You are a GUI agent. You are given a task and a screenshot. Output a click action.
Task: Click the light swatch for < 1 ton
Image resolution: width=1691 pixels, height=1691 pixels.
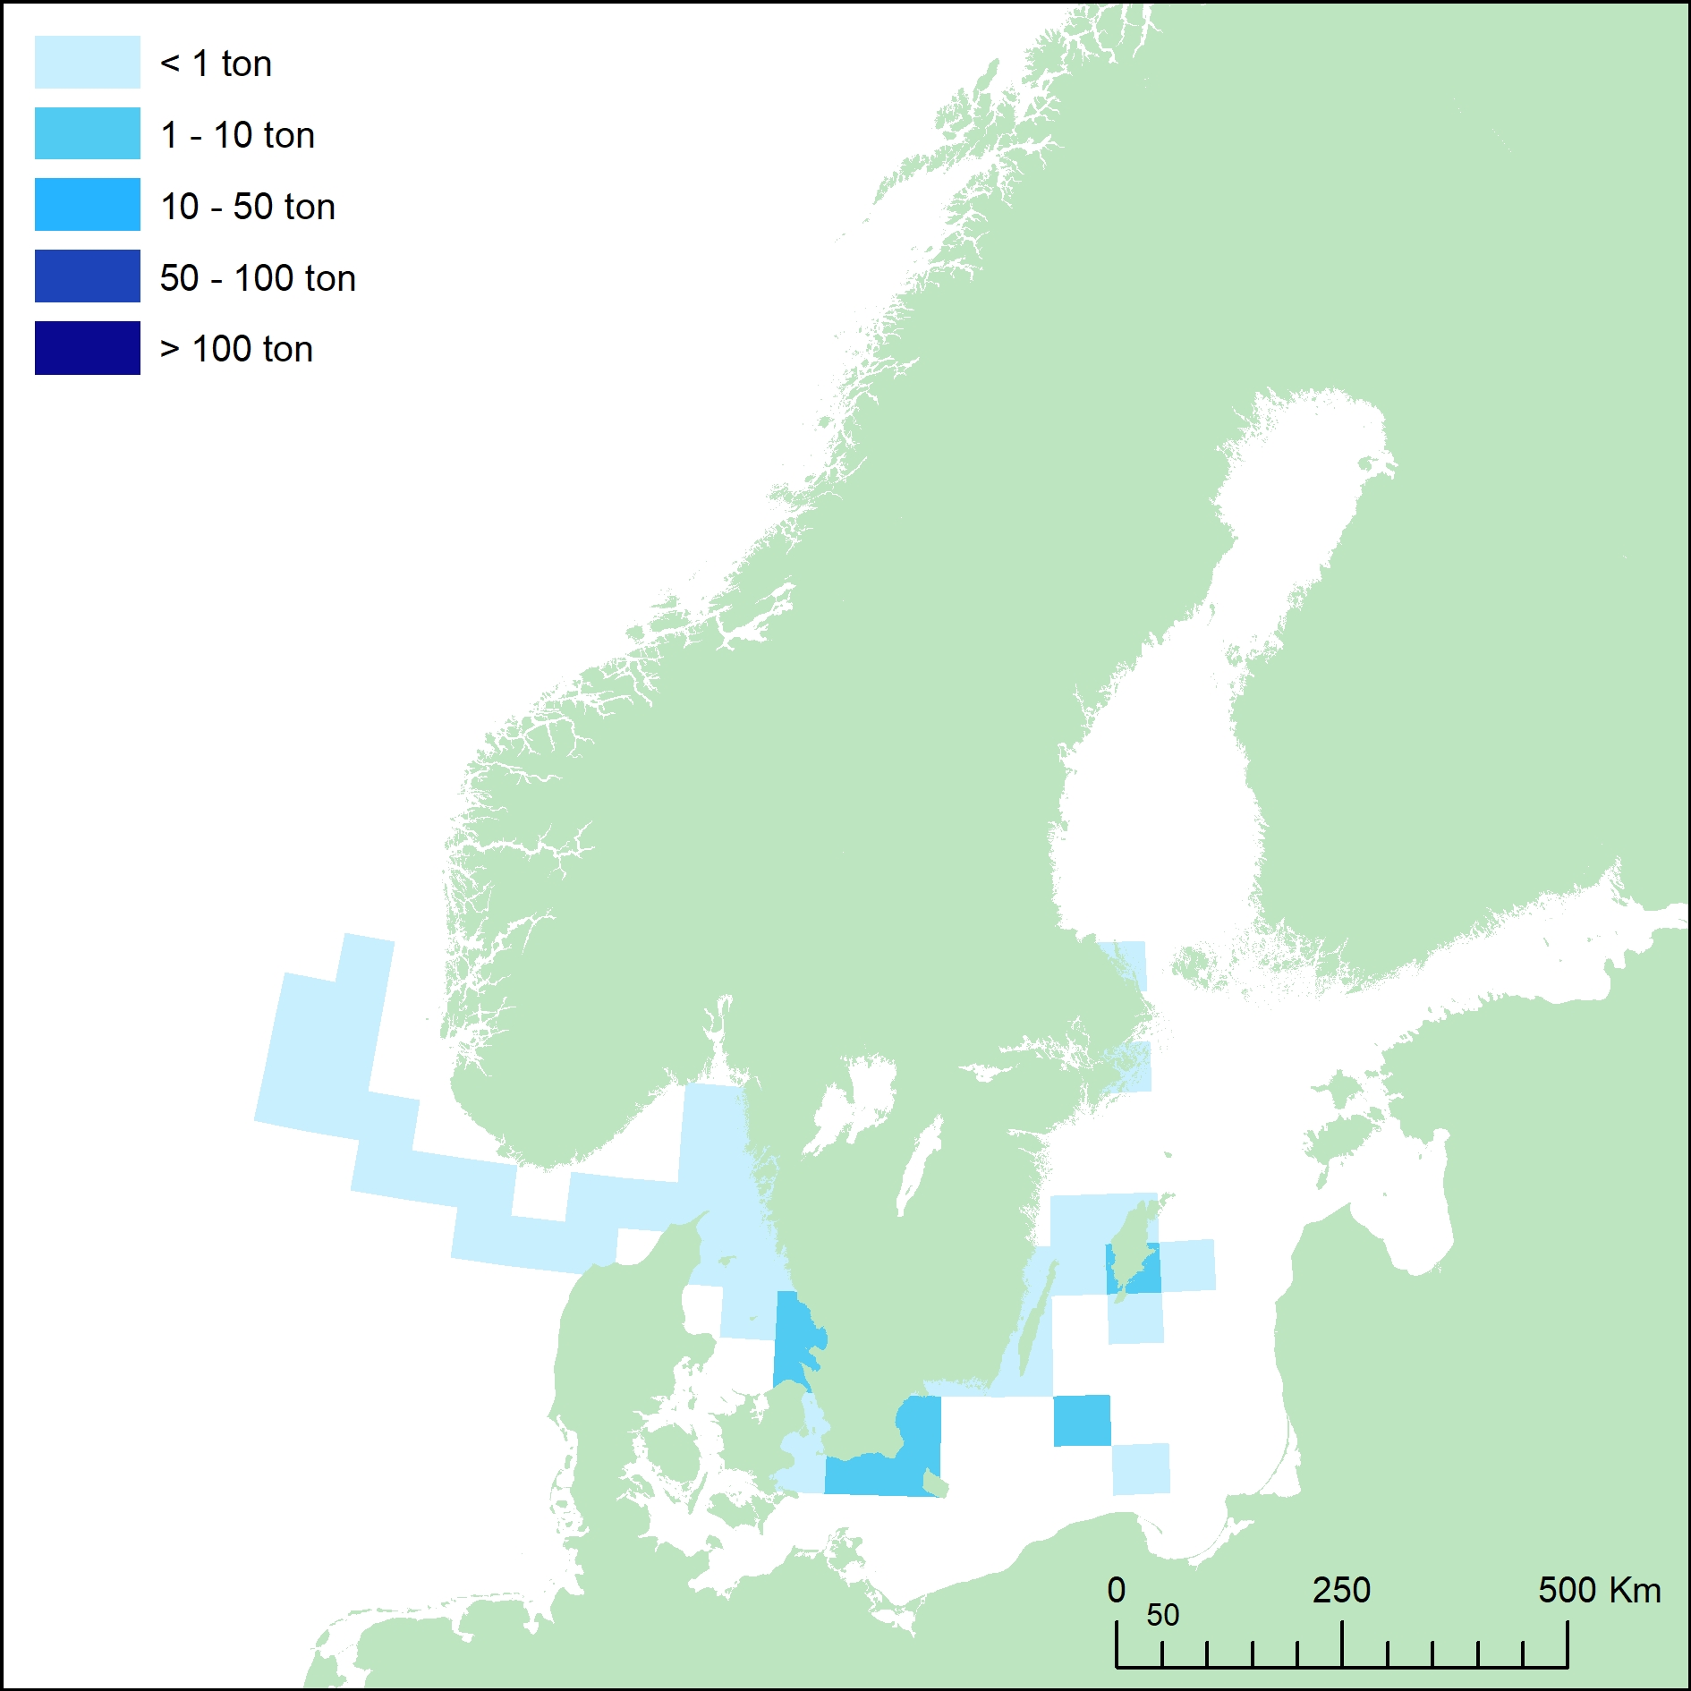point(87,62)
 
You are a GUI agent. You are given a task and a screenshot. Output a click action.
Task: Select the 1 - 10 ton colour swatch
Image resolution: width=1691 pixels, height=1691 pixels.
point(87,133)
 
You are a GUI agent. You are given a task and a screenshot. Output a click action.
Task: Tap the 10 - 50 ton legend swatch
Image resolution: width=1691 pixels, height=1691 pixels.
point(87,205)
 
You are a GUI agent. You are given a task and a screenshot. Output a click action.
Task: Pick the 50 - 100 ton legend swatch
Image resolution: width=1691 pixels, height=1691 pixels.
point(87,276)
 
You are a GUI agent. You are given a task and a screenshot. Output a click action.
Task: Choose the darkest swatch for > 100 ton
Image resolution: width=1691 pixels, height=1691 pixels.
point(87,348)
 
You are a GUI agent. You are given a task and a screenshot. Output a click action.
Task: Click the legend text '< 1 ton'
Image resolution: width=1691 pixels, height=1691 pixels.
point(216,64)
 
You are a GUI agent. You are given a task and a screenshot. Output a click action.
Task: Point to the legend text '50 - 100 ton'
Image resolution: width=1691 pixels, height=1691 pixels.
point(258,278)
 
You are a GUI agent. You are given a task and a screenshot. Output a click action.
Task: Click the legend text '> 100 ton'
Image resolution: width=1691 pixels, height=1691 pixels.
point(236,349)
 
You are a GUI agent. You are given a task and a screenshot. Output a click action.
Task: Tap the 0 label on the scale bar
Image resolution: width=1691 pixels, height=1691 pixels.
point(1116,1591)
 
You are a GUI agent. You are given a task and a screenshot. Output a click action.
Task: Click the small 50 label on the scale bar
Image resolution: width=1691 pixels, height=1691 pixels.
point(1162,1615)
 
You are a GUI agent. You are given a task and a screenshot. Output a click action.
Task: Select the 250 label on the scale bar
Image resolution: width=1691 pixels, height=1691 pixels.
point(1341,1591)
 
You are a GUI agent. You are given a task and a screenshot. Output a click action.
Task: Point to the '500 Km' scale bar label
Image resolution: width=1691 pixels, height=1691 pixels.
point(1599,1591)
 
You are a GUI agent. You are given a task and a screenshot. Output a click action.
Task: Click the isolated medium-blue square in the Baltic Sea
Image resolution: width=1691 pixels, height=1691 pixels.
point(1082,1420)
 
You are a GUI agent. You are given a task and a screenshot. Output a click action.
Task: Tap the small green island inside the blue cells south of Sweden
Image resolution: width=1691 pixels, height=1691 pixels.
point(934,1486)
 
